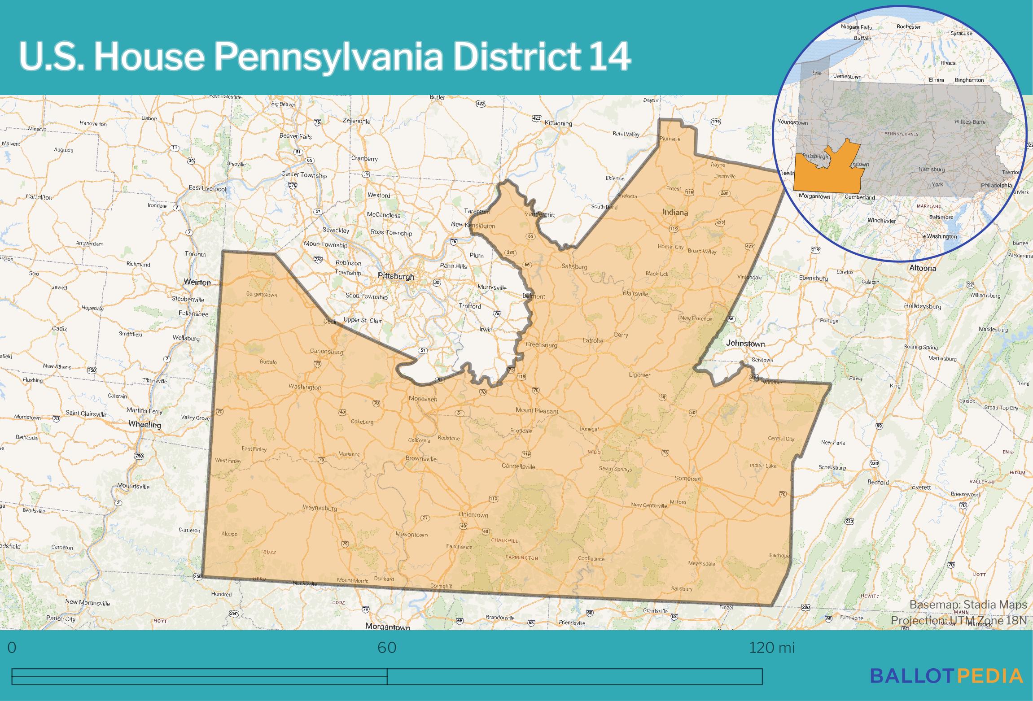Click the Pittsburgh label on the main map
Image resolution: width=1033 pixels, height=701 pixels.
[396, 276]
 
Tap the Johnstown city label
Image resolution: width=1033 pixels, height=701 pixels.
[745, 343]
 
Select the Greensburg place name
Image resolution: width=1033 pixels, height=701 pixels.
[541, 345]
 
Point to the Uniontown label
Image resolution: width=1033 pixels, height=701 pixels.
[473, 515]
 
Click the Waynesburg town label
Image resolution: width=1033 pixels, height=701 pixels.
[320, 508]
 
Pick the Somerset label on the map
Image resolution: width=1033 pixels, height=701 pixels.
[688, 479]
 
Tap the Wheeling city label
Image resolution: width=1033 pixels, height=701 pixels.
[144, 424]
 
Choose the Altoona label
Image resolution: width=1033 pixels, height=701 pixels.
[923, 268]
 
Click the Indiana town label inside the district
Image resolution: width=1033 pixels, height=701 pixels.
[675, 212]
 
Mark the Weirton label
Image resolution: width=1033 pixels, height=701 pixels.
[197, 282]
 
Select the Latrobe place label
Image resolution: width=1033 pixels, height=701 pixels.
[593, 340]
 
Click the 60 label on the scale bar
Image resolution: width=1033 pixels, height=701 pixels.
[387, 648]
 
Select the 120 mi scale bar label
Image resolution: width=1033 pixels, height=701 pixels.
[771, 648]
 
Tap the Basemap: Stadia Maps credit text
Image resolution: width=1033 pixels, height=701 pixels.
[968, 605]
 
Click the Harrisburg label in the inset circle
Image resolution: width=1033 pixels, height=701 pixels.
[931, 170]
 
